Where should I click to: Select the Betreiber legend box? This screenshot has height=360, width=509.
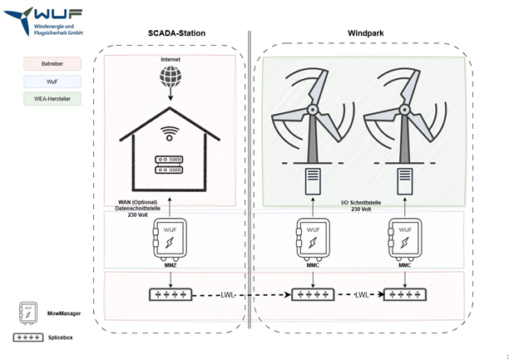point(52,63)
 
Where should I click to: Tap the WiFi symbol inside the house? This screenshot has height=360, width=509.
point(170,133)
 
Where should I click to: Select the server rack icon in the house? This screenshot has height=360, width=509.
point(170,163)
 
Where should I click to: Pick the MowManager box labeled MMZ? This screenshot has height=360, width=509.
point(170,237)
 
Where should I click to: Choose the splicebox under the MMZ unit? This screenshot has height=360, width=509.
point(170,295)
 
